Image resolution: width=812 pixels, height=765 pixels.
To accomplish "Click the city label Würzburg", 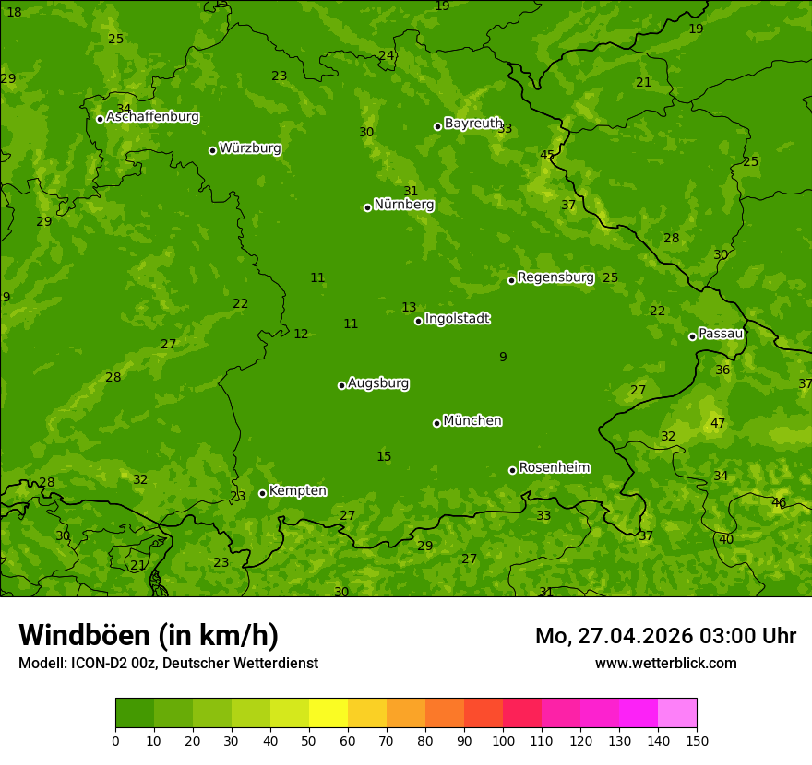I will (250, 148).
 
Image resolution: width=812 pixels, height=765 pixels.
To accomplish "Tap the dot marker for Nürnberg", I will (367, 207).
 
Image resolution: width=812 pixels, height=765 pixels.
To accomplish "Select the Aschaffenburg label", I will (152, 117).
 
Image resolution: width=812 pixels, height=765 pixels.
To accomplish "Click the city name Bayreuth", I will (473, 124).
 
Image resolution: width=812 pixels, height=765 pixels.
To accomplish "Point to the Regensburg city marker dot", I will (511, 280).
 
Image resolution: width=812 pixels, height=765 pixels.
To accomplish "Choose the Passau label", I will (721, 334).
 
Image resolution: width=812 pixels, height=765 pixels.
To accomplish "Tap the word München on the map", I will (472, 421).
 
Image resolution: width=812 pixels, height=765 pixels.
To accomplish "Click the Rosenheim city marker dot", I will (512, 471).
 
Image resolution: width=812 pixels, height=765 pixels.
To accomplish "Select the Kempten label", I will (297, 491).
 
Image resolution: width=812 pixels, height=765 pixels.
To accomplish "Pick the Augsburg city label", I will (378, 383).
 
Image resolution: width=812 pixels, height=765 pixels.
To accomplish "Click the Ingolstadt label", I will (457, 319).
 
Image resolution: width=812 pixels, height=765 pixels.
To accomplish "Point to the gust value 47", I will (718, 424).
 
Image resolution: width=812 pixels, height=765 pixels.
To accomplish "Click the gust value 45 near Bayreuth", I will (547, 155).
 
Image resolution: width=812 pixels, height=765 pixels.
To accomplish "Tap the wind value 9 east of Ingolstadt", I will (503, 358).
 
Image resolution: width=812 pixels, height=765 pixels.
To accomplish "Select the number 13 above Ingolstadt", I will (409, 307).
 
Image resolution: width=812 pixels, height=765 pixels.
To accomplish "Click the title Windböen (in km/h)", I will (149, 635).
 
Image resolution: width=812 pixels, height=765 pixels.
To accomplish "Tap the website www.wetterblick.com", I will (666, 664).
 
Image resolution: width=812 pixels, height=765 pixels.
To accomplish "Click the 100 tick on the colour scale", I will (503, 740).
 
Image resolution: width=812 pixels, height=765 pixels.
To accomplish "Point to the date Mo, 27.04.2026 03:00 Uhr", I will (665, 636).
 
